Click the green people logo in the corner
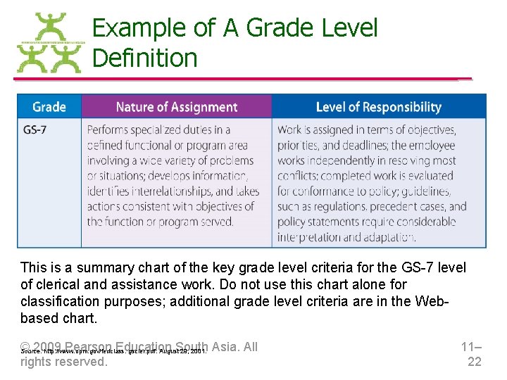(49, 44)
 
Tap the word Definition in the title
(144, 58)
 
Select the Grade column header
(49, 107)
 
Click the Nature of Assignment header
(176, 107)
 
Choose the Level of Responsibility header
(378, 107)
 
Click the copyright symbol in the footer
(25, 346)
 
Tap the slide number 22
(475, 362)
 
